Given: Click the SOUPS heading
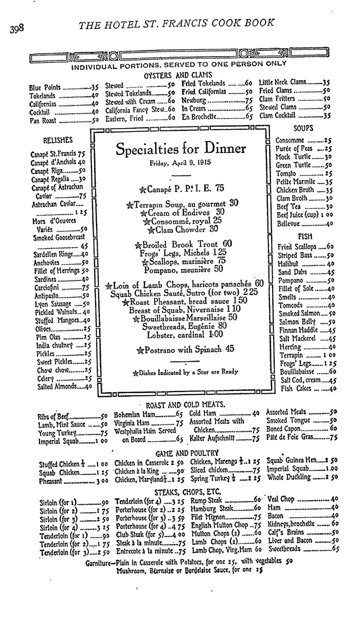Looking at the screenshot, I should [x=303, y=127].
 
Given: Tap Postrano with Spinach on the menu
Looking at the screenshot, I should [x=185, y=349].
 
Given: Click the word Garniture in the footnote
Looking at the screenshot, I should [x=100, y=562].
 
